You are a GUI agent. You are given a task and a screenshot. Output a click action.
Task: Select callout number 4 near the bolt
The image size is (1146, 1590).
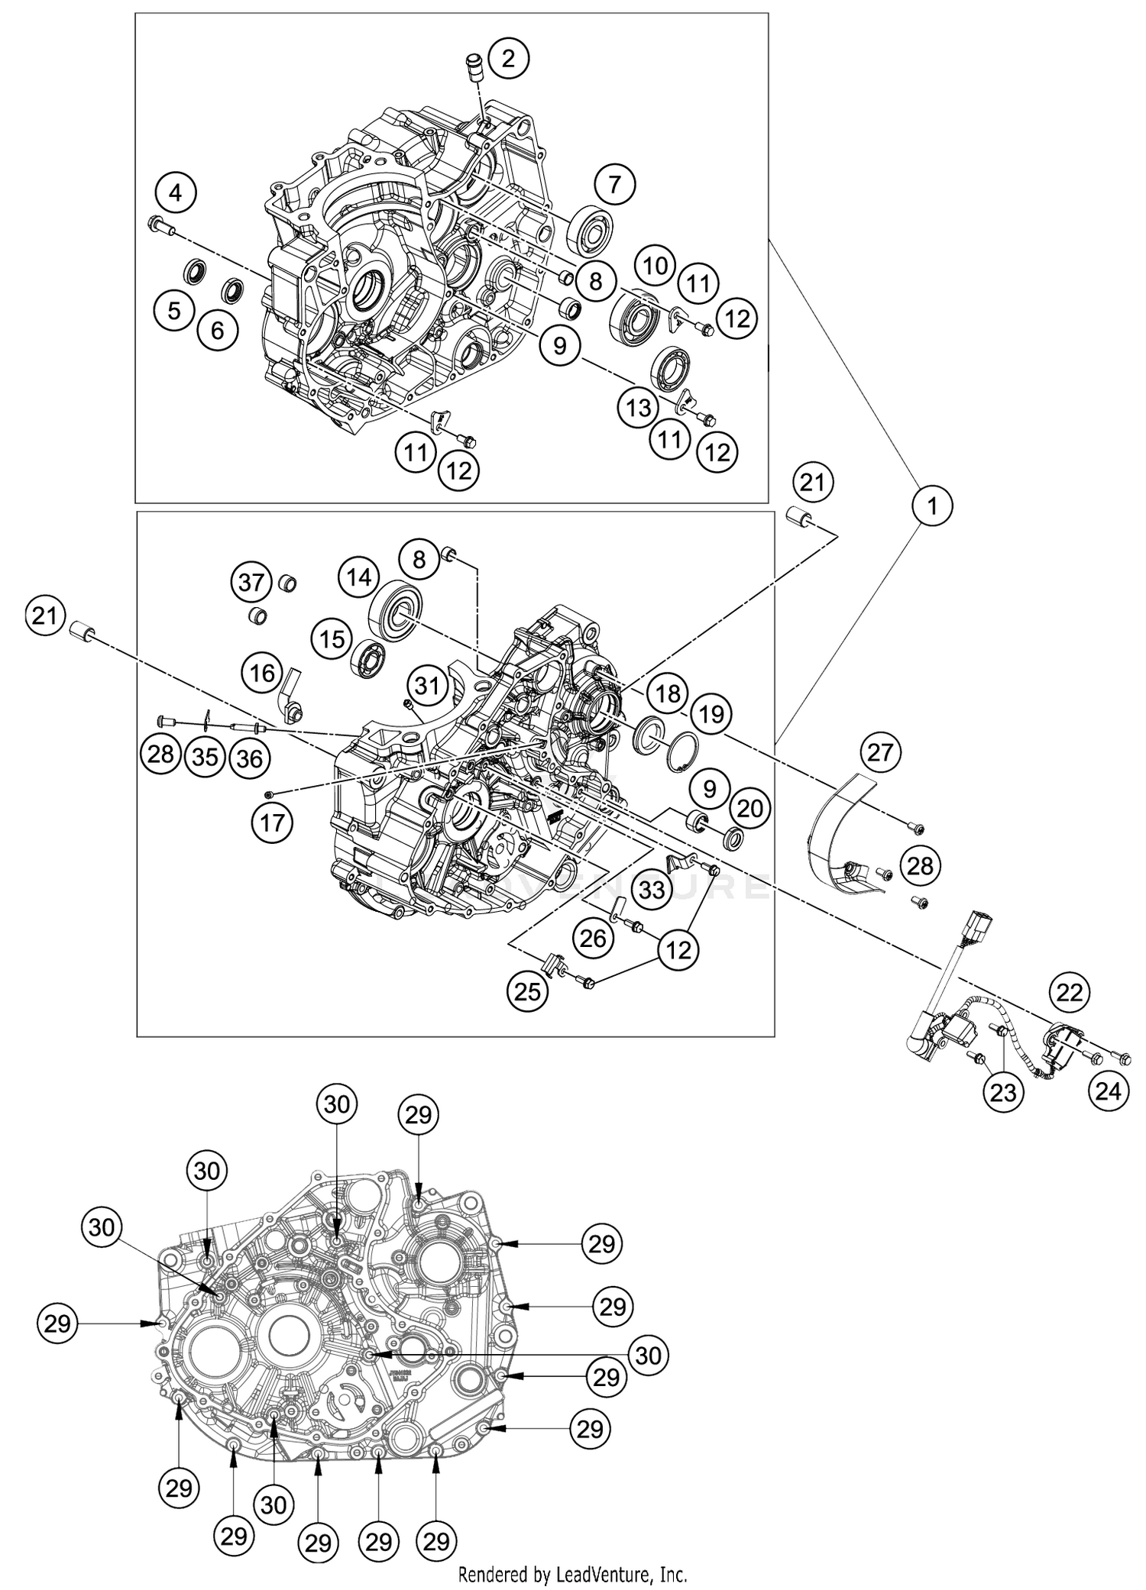pyautogui.click(x=176, y=193)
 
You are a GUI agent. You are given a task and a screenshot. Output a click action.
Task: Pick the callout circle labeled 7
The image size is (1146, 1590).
pyautogui.click(x=617, y=184)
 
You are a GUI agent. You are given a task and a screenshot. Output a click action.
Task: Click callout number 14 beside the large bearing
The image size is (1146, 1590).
pyautogui.click(x=359, y=577)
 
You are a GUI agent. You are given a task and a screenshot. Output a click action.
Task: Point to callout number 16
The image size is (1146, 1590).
pyautogui.click(x=262, y=673)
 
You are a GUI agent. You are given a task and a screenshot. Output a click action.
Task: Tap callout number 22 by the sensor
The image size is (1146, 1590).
pyautogui.click(x=1070, y=992)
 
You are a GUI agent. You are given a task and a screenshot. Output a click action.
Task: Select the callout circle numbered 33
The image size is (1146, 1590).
pyautogui.click(x=652, y=889)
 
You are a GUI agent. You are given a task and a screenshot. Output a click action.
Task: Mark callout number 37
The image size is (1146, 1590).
pyautogui.click(x=252, y=583)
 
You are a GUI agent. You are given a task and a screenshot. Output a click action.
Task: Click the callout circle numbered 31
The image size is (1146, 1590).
pyautogui.click(x=427, y=686)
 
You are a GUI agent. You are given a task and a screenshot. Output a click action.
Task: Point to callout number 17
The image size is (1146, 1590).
pyautogui.click(x=272, y=822)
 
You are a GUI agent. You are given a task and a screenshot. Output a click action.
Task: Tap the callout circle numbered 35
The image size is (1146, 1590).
pyautogui.click(x=205, y=756)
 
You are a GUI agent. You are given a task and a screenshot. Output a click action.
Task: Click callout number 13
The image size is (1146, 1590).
pyautogui.click(x=639, y=407)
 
